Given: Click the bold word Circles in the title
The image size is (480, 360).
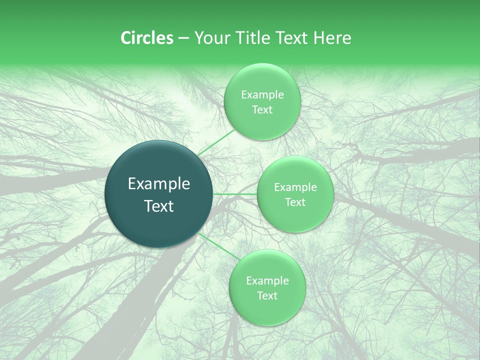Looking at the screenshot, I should [x=147, y=38].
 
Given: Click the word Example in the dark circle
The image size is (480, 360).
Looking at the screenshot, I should [x=159, y=184].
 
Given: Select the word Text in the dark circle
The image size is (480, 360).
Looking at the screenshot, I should [x=159, y=206].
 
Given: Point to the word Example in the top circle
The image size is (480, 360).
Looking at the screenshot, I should [x=262, y=95].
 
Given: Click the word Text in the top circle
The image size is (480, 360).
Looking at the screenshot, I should [x=262, y=110].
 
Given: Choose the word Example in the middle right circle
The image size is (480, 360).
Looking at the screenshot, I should [x=295, y=187].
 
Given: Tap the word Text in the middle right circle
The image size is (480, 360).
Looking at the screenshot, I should [x=295, y=202].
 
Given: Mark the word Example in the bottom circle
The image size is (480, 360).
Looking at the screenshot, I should [x=267, y=281].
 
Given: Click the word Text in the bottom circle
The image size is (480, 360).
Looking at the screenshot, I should [x=267, y=296].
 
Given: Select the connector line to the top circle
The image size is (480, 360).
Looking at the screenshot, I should [x=216, y=142].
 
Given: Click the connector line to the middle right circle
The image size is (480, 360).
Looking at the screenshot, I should [x=234, y=194].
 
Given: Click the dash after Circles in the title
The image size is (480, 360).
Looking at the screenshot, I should [x=183, y=38].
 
